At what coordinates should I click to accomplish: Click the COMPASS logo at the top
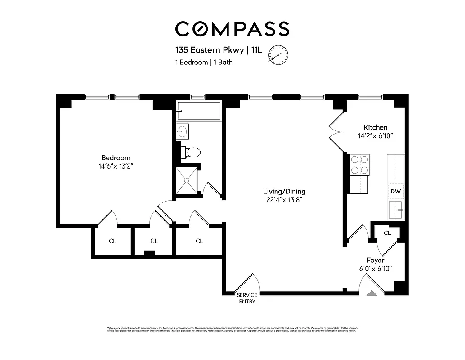pos(232,29)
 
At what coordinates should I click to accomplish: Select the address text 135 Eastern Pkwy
pos(210,50)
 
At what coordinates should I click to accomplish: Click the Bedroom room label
pos(116,158)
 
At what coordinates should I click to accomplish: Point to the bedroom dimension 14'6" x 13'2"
pos(116,166)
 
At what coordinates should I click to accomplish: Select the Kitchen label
pos(375,127)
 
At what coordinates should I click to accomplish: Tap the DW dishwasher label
pos(396,192)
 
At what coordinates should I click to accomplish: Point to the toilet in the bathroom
pos(192,152)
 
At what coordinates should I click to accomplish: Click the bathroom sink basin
pos(183,131)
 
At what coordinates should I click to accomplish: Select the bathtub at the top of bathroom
pos(198,111)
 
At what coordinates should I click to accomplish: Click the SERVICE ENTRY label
pos(247,298)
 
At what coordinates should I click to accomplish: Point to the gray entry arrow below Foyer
pos(371,292)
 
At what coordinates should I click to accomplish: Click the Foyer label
pos(376,261)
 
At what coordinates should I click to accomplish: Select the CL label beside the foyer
pos(387,233)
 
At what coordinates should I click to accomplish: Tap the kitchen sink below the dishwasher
pos(396,210)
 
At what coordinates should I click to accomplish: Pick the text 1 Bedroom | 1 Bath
pos(204,63)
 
